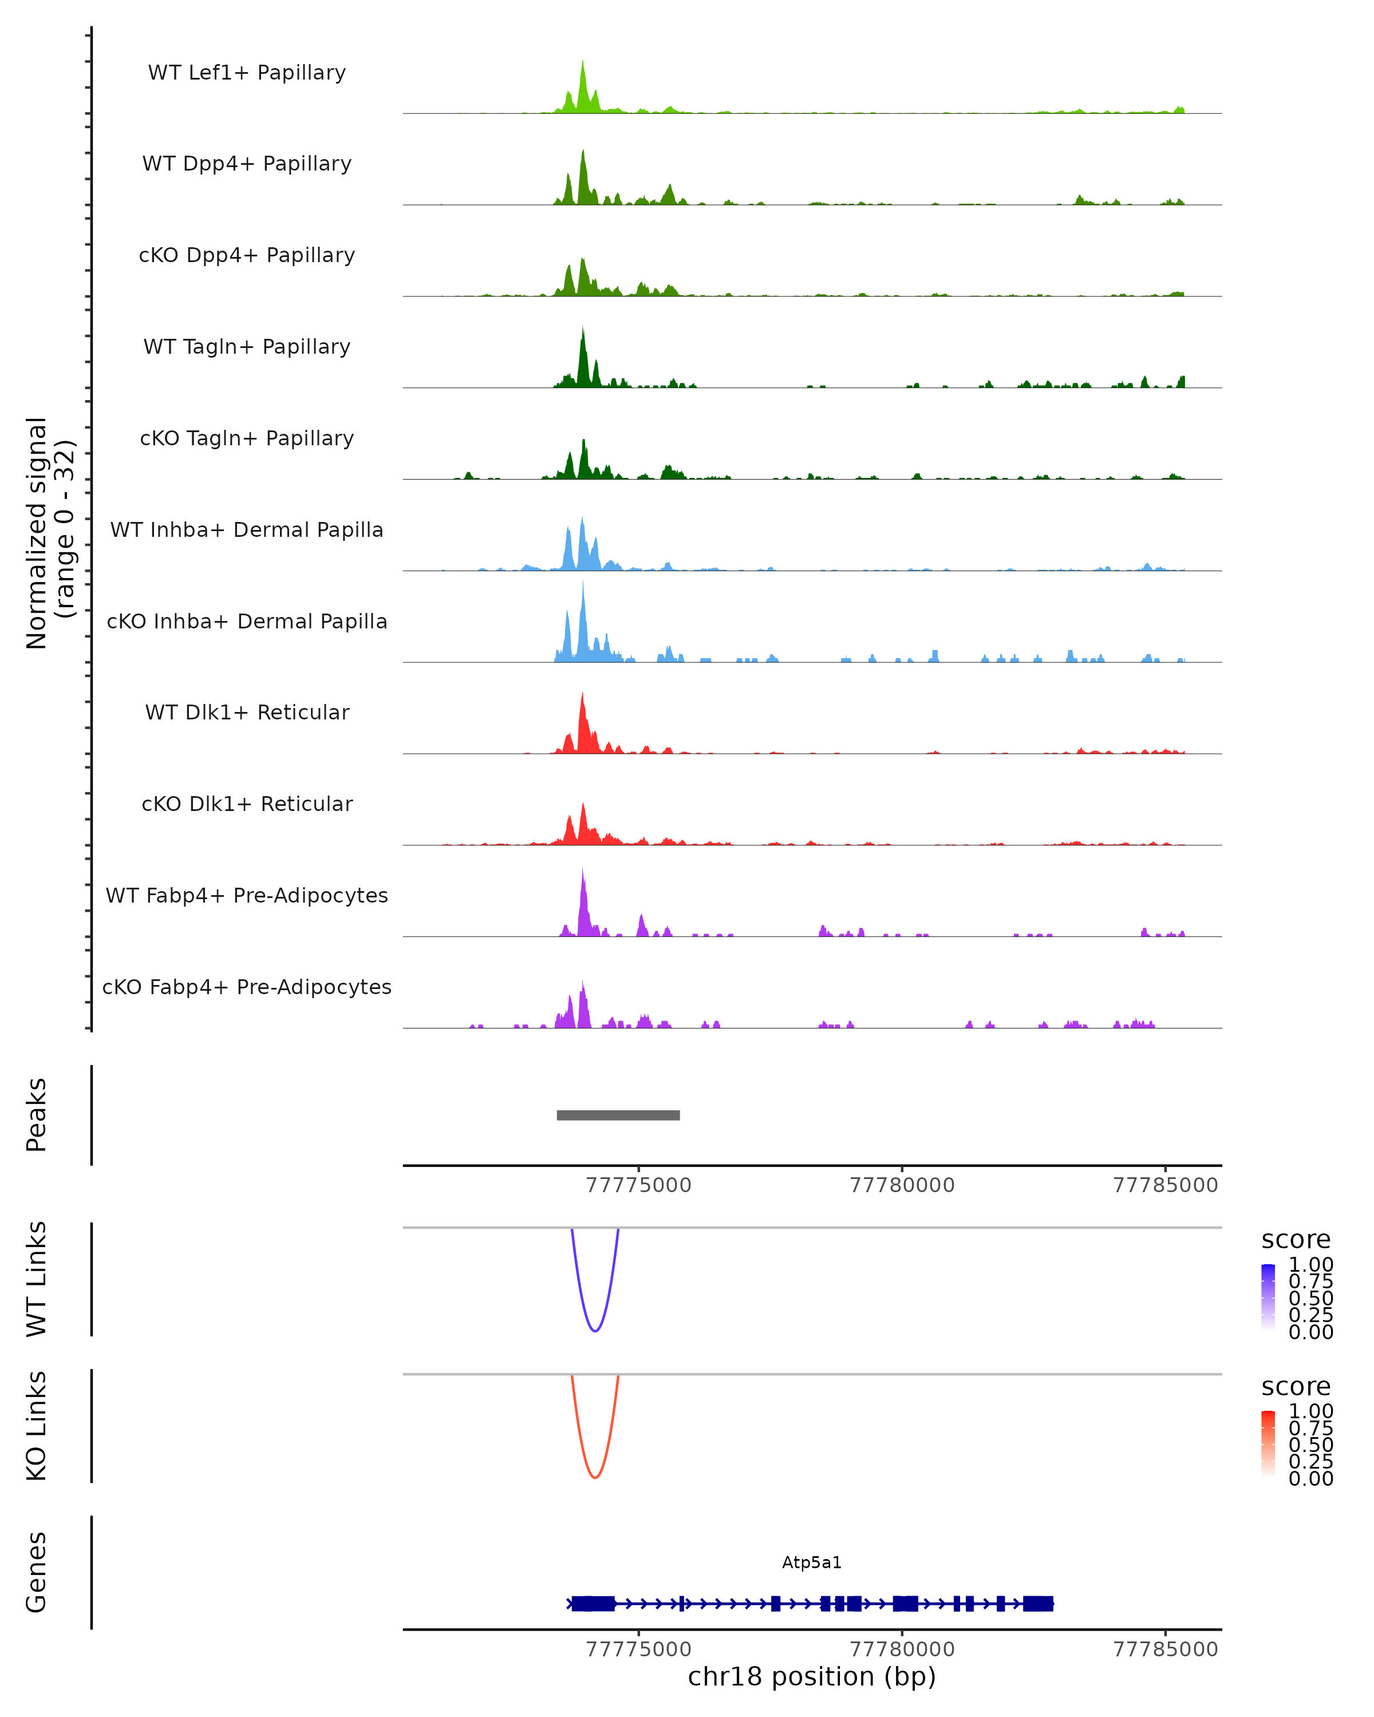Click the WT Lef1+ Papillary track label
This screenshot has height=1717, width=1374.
(x=247, y=73)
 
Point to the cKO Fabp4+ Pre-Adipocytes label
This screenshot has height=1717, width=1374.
(x=247, y=987)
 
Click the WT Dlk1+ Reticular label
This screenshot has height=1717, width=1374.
(x=247, y=712)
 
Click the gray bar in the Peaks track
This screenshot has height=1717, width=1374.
(x=618, y=1115)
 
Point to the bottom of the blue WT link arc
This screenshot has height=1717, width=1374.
(x=595, y=1331)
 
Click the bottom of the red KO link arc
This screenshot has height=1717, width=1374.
(x=595, y=1477)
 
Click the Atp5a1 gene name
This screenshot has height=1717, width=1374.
(x=812, y=1562)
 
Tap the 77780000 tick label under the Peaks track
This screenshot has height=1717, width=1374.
(x=902, y=1185)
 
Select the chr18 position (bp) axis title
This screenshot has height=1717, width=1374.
(x=812, y=1676)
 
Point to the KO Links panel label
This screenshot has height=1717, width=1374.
(x=37, y=1426)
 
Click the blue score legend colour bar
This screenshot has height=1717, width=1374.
(x=1268, y=1297)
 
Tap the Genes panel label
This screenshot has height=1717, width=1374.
(x=37, y=1572)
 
